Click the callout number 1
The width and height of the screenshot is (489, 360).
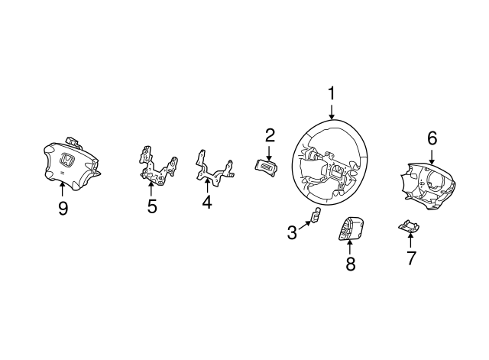pos(331,93)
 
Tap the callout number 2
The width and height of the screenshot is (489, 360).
pos(270,135)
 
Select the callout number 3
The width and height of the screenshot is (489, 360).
pos(292,232)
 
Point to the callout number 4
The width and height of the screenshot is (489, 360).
pos(207,202)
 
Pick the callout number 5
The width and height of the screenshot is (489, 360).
pos(152,206)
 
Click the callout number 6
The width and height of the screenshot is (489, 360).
pos(432,138)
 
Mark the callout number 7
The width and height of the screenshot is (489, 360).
pos(411,258)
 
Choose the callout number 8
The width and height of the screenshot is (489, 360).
pos(351,264)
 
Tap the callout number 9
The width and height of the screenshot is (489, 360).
pos(63,208)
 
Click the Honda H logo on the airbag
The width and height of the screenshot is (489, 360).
pos(67,160)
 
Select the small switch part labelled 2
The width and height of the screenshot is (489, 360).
pos(266,167)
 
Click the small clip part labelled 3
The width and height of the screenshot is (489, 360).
pos(316,215)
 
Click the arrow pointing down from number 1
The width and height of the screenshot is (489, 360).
pos(331,112)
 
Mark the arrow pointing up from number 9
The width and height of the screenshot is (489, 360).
pos(63,189)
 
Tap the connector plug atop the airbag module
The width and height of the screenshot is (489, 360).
pos(73,141)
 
